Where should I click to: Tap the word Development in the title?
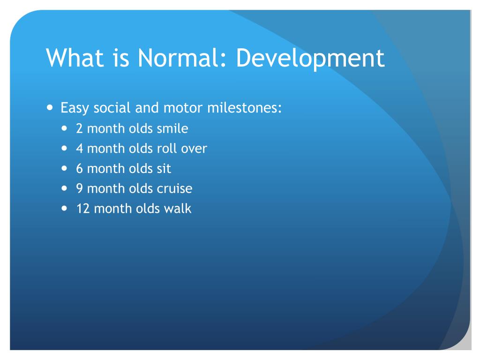[310, 59]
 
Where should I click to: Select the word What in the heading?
[75, 58]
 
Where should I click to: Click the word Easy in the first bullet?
[75, 108]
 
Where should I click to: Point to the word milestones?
[244, 108]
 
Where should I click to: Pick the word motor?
[183, 108]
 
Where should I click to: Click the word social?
[112, 108]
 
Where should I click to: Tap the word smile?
[172, 128]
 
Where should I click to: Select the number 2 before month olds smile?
[79, 128]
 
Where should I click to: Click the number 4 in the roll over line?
[80, 149]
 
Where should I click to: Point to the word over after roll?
[194, 149]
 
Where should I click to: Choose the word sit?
[164, 169]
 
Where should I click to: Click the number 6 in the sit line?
[80, 169]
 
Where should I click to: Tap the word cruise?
[174, 188]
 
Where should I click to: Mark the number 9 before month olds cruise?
[80, 188]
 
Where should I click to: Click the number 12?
[83, 209]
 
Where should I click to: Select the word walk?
[178, 209]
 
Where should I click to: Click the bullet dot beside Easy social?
[50, 107]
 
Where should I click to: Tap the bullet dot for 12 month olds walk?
[64, 208]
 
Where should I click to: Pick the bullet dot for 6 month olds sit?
[64, 168]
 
